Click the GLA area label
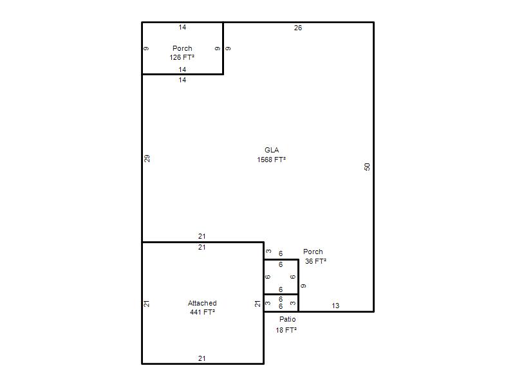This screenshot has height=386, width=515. pos(272,150)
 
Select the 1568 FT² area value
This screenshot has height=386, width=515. pos(271,160)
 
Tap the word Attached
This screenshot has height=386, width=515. pos(202,303)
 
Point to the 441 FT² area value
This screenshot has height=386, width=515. pos(202,312)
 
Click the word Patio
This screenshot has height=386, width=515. pos(287,319)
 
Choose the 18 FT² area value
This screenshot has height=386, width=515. pos(286,330)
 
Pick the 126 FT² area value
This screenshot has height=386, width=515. pos(182,57)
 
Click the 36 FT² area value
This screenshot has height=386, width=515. pos(315,261)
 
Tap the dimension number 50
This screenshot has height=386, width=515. pos(367,167)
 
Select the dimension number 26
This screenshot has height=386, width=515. pos(298,28)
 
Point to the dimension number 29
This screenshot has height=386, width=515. pos(147,158)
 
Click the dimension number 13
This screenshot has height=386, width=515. pos(335,306)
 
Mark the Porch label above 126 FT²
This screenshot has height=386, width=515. pos(182,48)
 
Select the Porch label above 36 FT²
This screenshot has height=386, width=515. pos(313,252)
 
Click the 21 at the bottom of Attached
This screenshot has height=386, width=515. pos(202,358)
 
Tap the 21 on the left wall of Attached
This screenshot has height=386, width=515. pos(147,304)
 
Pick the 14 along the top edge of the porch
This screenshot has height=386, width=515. pos(182,27)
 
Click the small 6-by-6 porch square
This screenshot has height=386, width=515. pos(281,277)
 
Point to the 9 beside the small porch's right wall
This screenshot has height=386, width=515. pos(303,286)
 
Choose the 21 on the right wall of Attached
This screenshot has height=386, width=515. pos(257,304)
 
